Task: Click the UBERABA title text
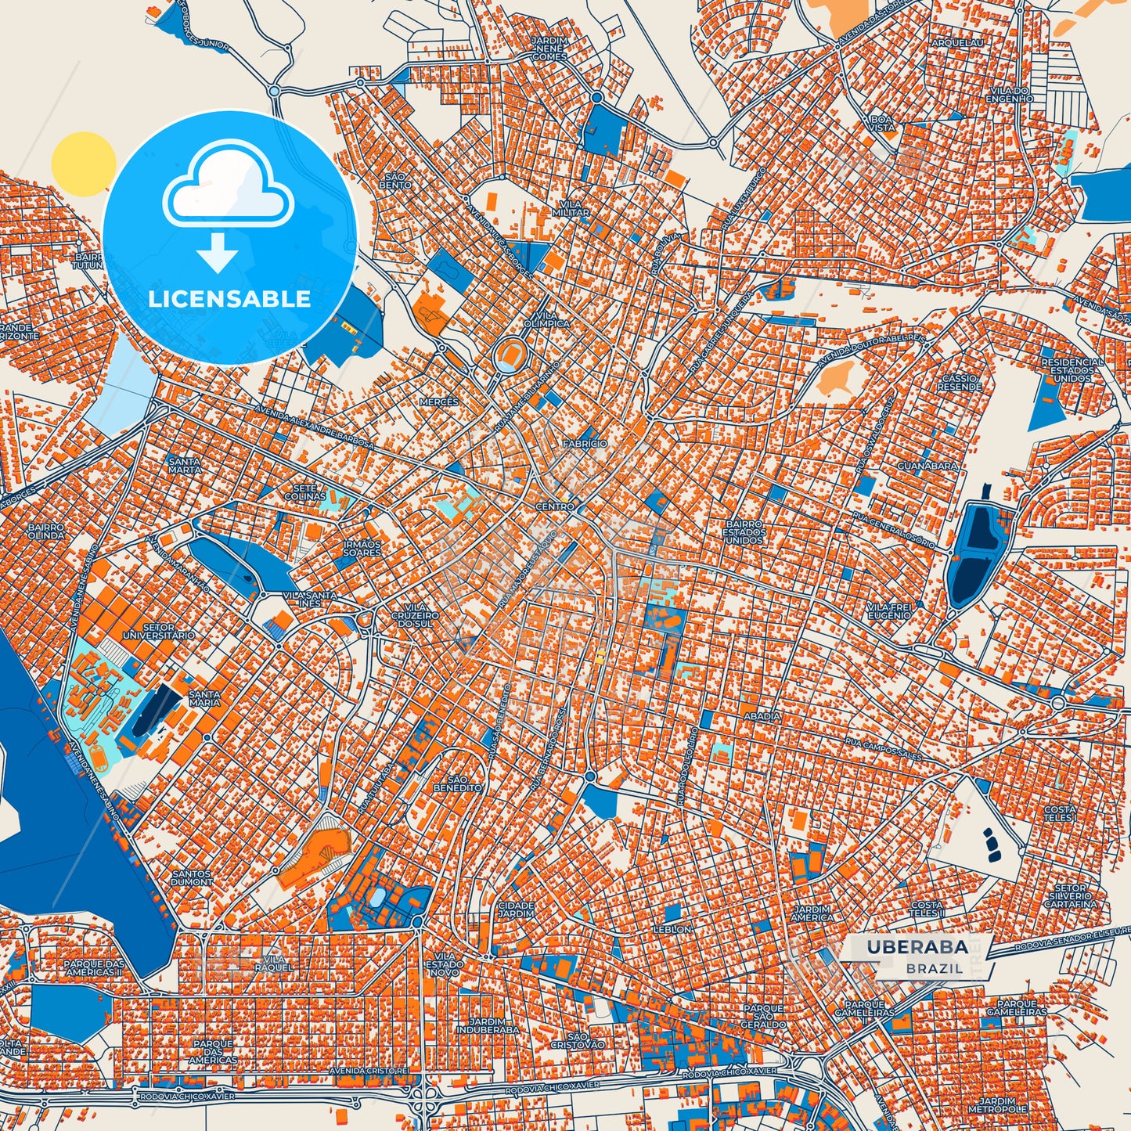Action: [917, 947]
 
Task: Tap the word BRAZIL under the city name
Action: [935, 968]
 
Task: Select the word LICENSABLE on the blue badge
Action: [229, 299]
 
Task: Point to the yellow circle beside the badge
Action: [83, 164]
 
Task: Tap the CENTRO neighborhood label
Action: [555, 506]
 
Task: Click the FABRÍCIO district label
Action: [585, 443]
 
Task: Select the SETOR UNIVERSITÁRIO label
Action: [159, 632]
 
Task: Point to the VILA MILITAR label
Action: [571, 208]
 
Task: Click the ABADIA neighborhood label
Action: [762, 715]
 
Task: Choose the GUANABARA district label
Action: [927, 466]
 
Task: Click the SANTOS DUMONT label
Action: [192, 877]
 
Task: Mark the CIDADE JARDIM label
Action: [516, 909]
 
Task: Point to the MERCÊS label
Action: [438, 402]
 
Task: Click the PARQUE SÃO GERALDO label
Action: [763, 1016]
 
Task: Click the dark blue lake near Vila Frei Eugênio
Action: [969, 555]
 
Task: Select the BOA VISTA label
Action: [881, 123]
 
